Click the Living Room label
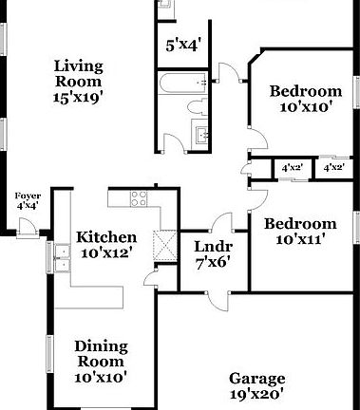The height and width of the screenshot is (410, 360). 77,72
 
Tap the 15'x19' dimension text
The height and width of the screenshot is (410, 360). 77,95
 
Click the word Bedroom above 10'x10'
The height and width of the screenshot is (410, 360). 305,91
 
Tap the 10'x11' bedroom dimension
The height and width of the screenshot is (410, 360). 300,240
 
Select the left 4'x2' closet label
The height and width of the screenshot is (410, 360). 291,168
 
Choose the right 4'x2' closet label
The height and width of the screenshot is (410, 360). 333,168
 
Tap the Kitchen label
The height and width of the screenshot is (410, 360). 106,237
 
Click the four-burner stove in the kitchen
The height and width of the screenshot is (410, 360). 139,199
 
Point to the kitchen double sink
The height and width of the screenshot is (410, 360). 65,254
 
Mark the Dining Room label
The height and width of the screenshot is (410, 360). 101,353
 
